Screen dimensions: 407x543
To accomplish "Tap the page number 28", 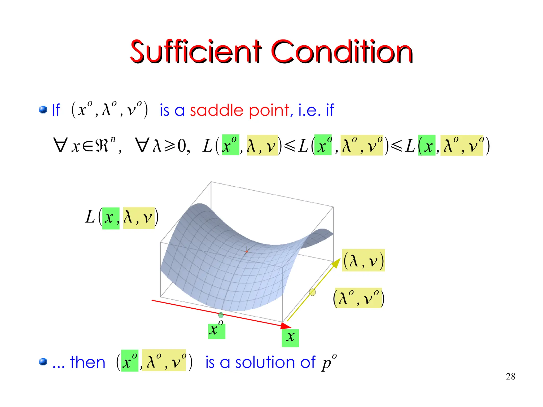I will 510,376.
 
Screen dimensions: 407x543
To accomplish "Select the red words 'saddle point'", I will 241,110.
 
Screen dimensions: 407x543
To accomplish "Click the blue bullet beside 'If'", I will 43,110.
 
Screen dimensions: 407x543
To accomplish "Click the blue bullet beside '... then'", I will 43,362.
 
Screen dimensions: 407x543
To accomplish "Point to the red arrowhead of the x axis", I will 286,325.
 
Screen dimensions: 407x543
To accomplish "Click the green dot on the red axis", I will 221,315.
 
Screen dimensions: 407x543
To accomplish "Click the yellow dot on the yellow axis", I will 313,292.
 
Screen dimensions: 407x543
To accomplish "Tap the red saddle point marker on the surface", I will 247,251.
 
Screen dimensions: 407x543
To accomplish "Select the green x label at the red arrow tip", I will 290,338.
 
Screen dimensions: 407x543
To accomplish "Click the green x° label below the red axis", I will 217,330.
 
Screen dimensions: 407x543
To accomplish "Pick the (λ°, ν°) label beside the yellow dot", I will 358,298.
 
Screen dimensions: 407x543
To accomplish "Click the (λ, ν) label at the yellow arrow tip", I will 363,260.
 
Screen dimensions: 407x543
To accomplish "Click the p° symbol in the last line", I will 329,362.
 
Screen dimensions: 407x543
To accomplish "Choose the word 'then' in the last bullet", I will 87,362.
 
